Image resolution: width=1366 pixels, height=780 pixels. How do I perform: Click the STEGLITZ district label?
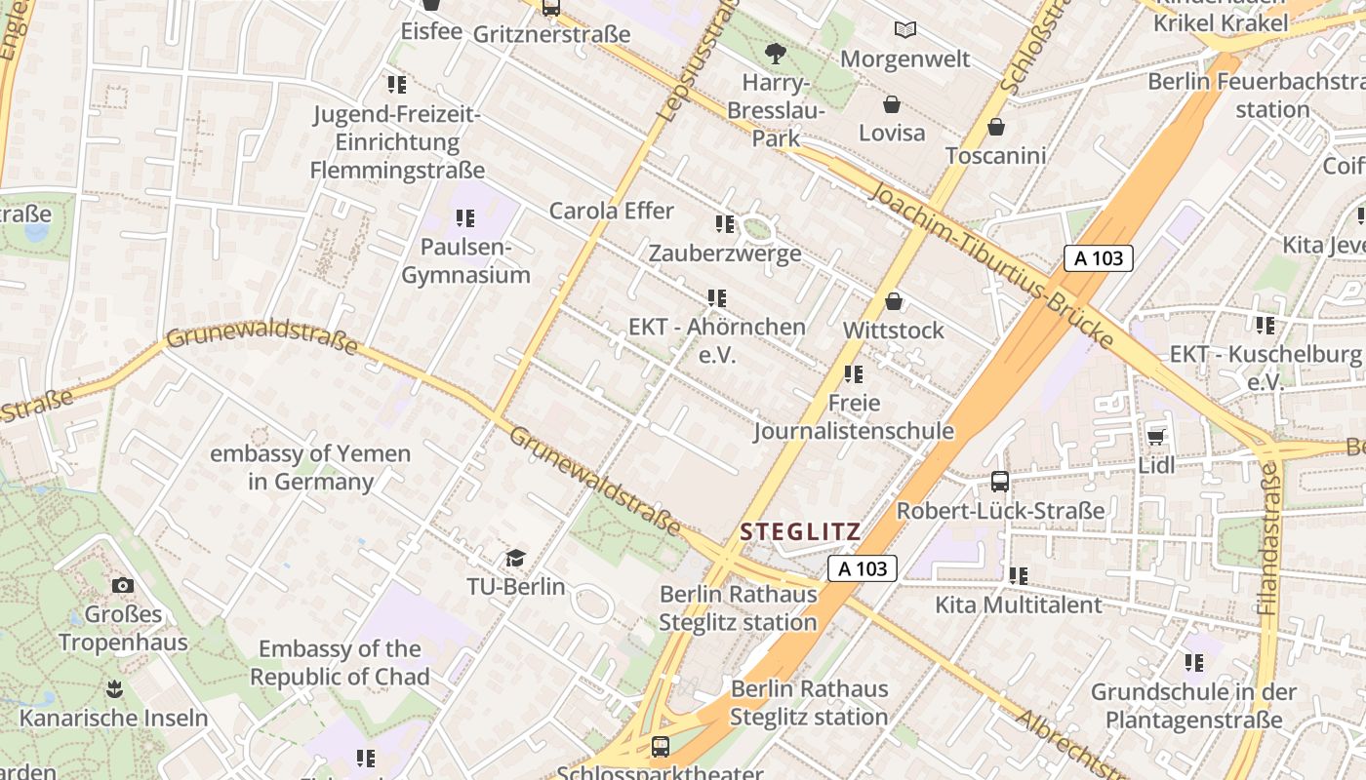coord(800,532)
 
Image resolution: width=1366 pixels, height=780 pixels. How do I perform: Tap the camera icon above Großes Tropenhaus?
coord(122,585)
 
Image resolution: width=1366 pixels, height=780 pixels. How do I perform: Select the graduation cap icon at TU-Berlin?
coord(514,558)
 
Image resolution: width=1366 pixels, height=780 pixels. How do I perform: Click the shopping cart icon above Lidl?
coord(1156,436)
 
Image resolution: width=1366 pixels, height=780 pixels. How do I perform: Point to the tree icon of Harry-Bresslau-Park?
coord(776,53)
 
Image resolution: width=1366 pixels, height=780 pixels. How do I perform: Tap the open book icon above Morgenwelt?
coord(905,30)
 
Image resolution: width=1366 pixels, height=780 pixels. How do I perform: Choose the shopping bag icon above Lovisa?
coord(891,104)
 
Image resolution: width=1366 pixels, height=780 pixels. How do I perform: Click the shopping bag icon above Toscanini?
coord(995,127)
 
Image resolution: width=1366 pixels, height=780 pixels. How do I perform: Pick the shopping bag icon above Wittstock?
coord(893,302)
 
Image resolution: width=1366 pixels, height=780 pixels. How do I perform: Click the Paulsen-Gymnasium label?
coord(465,261)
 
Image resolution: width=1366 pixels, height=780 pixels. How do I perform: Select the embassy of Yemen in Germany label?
coord(310,468)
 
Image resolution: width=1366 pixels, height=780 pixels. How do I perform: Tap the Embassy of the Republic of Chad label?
coord(340,663)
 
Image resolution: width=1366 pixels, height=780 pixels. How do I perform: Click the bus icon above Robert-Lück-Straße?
coord(1000,481)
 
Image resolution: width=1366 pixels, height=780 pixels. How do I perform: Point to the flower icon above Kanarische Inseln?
coord(114,689)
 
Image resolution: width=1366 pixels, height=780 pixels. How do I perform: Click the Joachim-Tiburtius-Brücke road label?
coord(990,263)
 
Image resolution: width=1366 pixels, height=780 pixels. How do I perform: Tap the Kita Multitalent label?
coord(1019,604)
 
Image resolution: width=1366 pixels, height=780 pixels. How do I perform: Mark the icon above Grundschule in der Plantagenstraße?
coord(1193,663)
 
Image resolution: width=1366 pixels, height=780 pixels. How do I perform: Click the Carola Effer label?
coord(612,211)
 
